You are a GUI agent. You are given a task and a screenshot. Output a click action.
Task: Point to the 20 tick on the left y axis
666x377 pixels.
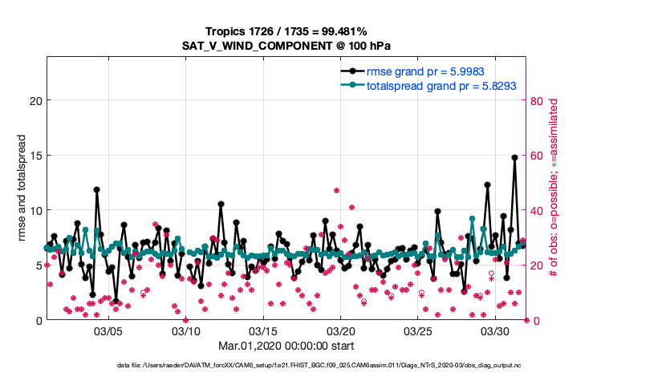pyautogui.click(x=35, y=101)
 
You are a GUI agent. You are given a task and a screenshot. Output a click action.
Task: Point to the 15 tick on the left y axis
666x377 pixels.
pyautogui.click(x=35, y=156)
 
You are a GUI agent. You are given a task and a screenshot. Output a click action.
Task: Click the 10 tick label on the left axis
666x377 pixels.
pyautogui.click(x=35, y=210)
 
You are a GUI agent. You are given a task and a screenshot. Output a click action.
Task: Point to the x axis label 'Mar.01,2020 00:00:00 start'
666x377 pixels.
pyautogui.click(x=286, y=347)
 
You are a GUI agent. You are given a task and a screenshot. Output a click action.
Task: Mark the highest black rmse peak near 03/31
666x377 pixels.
pyautogui.click(x=514, y=158)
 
